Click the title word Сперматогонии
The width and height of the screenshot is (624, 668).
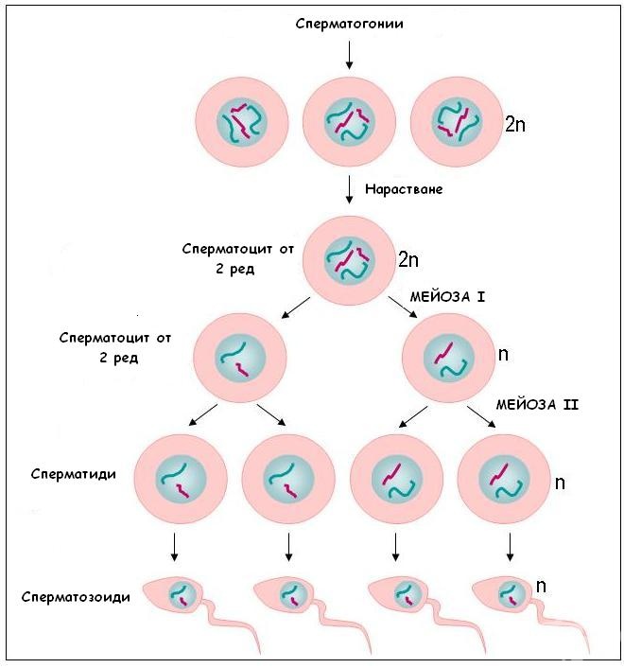click(350, 24)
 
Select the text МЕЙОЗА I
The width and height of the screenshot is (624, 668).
click(447, 296)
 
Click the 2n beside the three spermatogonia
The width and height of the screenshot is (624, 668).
click(515, 124)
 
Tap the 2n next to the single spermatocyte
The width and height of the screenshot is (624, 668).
click(407, 258)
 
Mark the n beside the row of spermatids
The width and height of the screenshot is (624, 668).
click(560, 483)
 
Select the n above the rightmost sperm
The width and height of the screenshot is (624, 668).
click(541, 586)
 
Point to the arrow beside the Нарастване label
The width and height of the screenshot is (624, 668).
click(349, 188)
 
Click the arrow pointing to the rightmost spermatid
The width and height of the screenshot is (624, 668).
click(482, 416)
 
